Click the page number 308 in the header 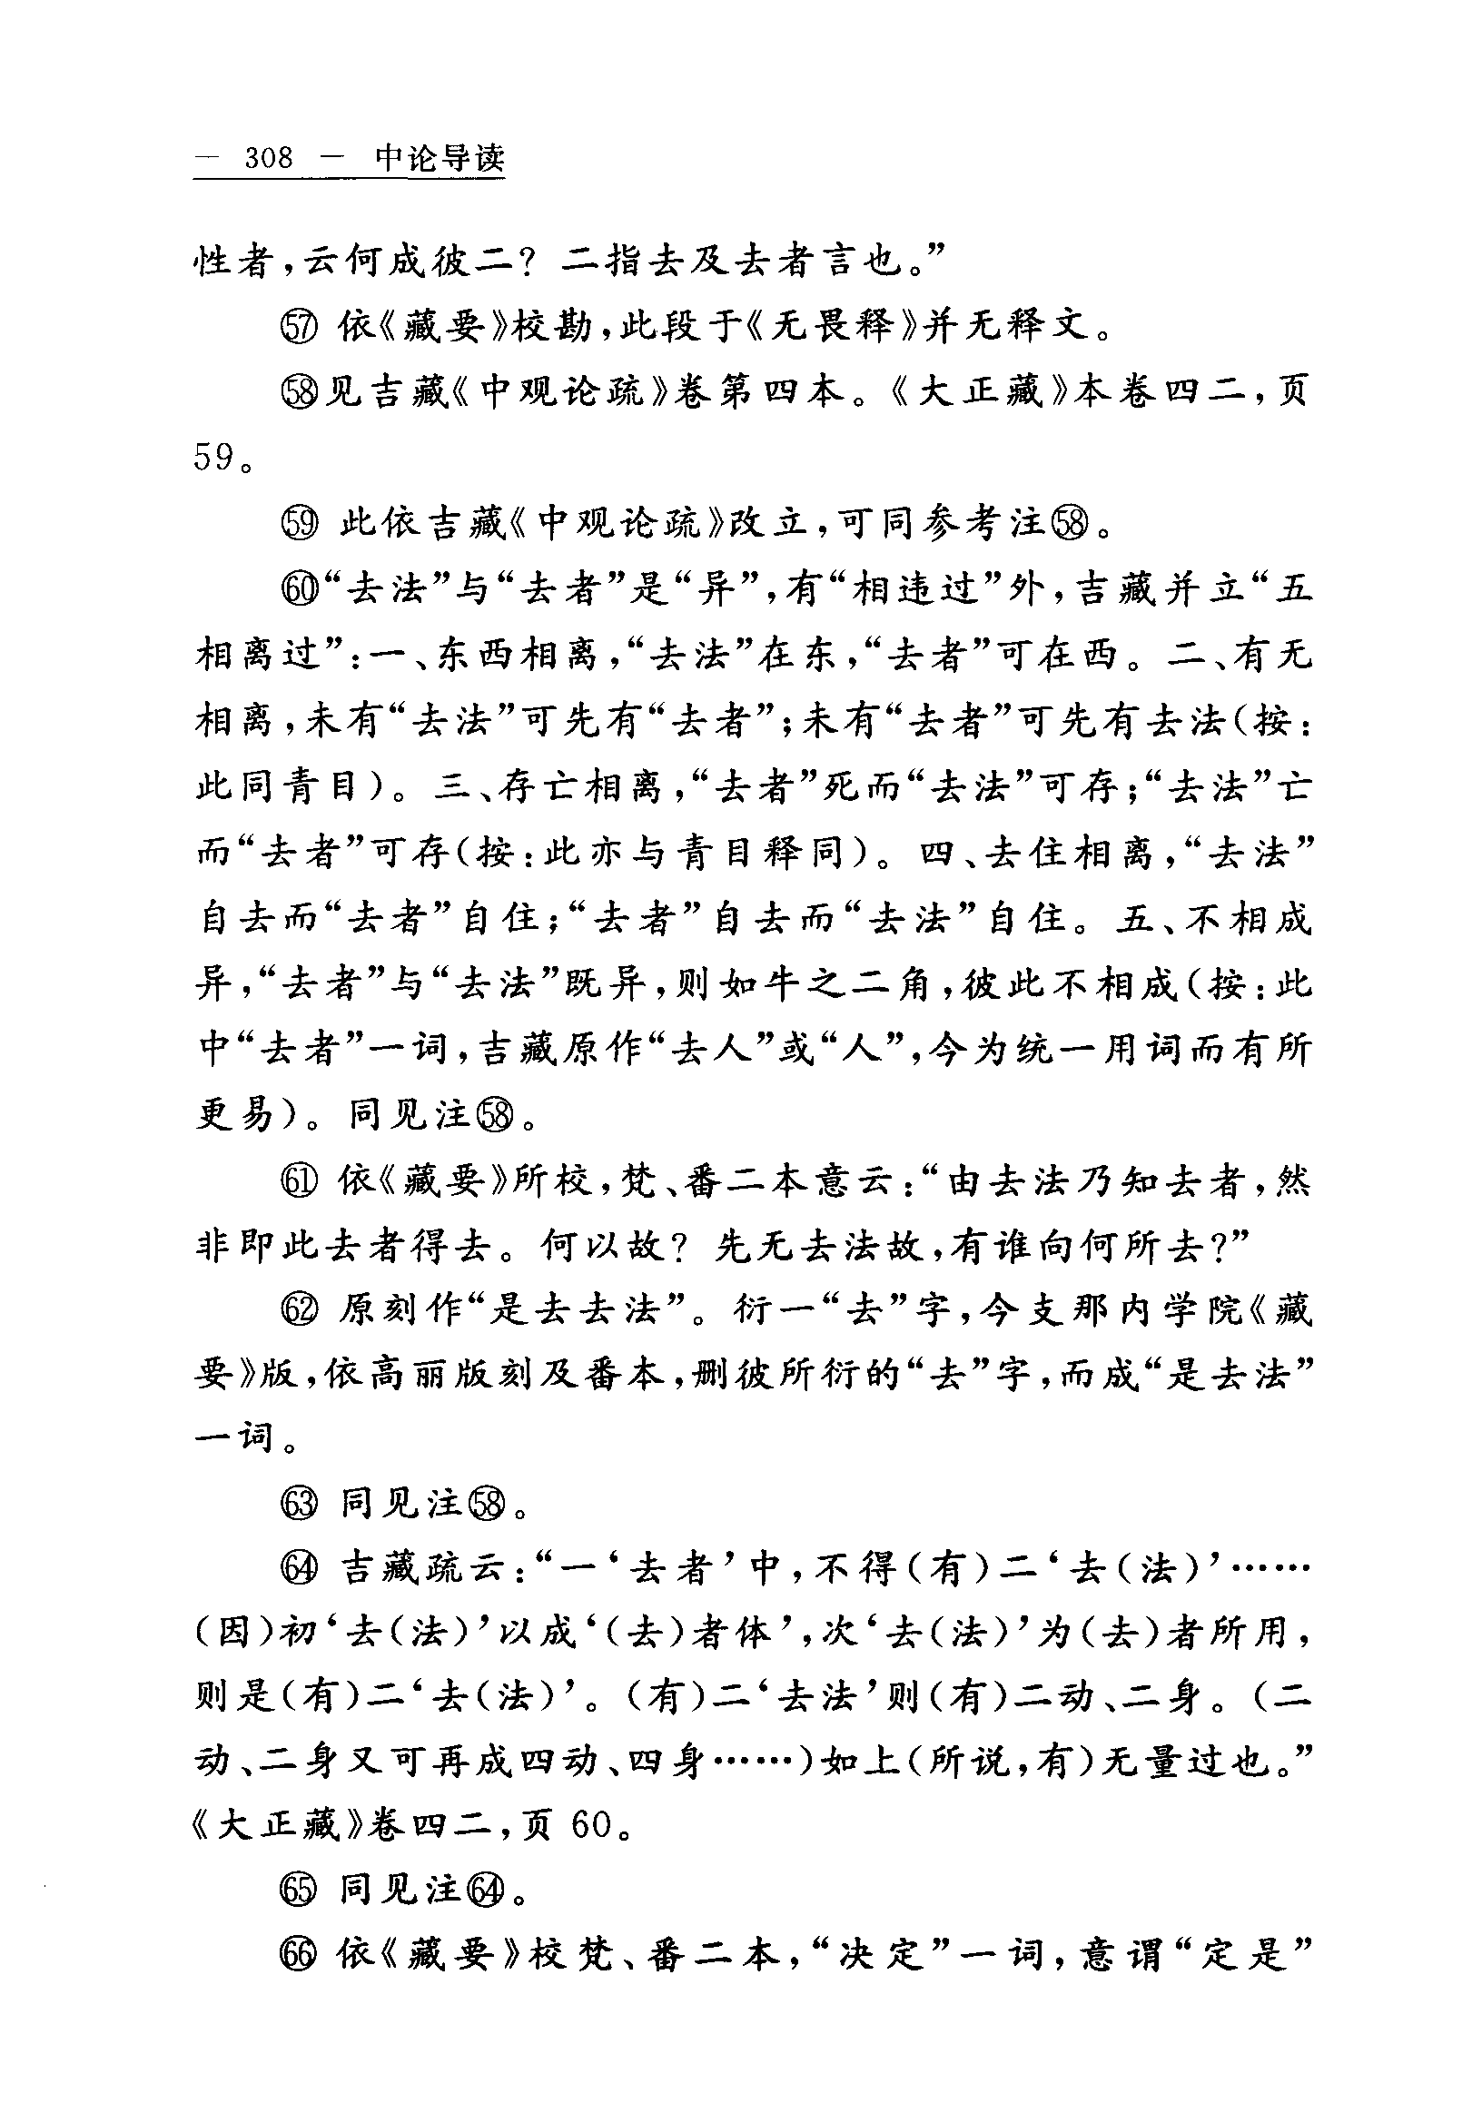click(268, 158)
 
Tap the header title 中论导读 click(440, 158)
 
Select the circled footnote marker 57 click(298, 326)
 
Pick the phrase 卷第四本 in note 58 click(758, 393)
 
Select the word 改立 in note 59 click(771, 524)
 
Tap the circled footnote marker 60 click(300, 590)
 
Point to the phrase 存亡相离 click(590, 788)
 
